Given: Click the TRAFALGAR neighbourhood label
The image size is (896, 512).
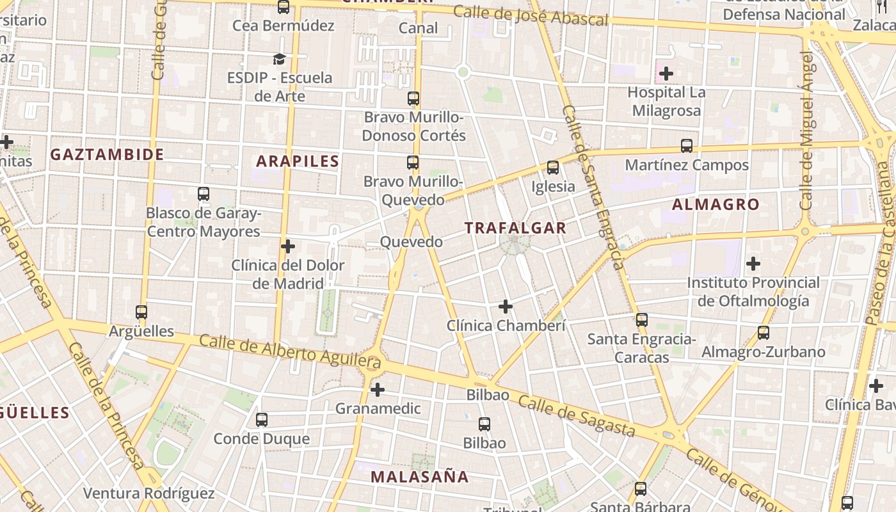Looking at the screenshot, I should click(x=515, y=228).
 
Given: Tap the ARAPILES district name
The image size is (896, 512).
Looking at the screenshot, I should click(x=298, y=161).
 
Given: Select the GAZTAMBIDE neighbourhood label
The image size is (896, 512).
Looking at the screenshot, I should click(x=108, y=154).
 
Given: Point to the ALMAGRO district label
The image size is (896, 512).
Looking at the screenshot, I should click(x=716, y=205).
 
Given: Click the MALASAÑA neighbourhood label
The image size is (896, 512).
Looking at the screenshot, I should click(x=420, y=477).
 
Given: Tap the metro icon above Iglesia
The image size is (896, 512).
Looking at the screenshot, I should click(x=553, y=168).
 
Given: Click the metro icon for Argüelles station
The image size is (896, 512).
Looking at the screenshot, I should click(x=141, y=312).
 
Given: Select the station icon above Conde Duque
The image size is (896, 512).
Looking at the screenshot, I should click(x=262, y=420).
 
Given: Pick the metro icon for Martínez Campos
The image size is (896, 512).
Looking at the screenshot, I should click(x=687, y=146).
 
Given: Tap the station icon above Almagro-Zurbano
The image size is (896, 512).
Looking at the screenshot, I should click(x=763, y=333).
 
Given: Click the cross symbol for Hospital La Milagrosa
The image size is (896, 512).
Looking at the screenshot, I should click(x=666, y=74).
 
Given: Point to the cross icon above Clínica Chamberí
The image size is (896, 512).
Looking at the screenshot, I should click(x=506, y=307).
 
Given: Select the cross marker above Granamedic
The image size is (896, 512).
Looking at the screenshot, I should click(x=378, y=389).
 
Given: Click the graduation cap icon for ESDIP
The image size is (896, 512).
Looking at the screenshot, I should click(x=279, y=60).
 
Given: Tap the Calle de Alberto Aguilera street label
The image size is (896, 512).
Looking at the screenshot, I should click(x=290, y=351).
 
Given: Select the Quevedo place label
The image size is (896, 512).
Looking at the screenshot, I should click(x=411, y=242).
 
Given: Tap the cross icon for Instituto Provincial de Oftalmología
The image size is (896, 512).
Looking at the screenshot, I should click(x=753, y=263).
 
